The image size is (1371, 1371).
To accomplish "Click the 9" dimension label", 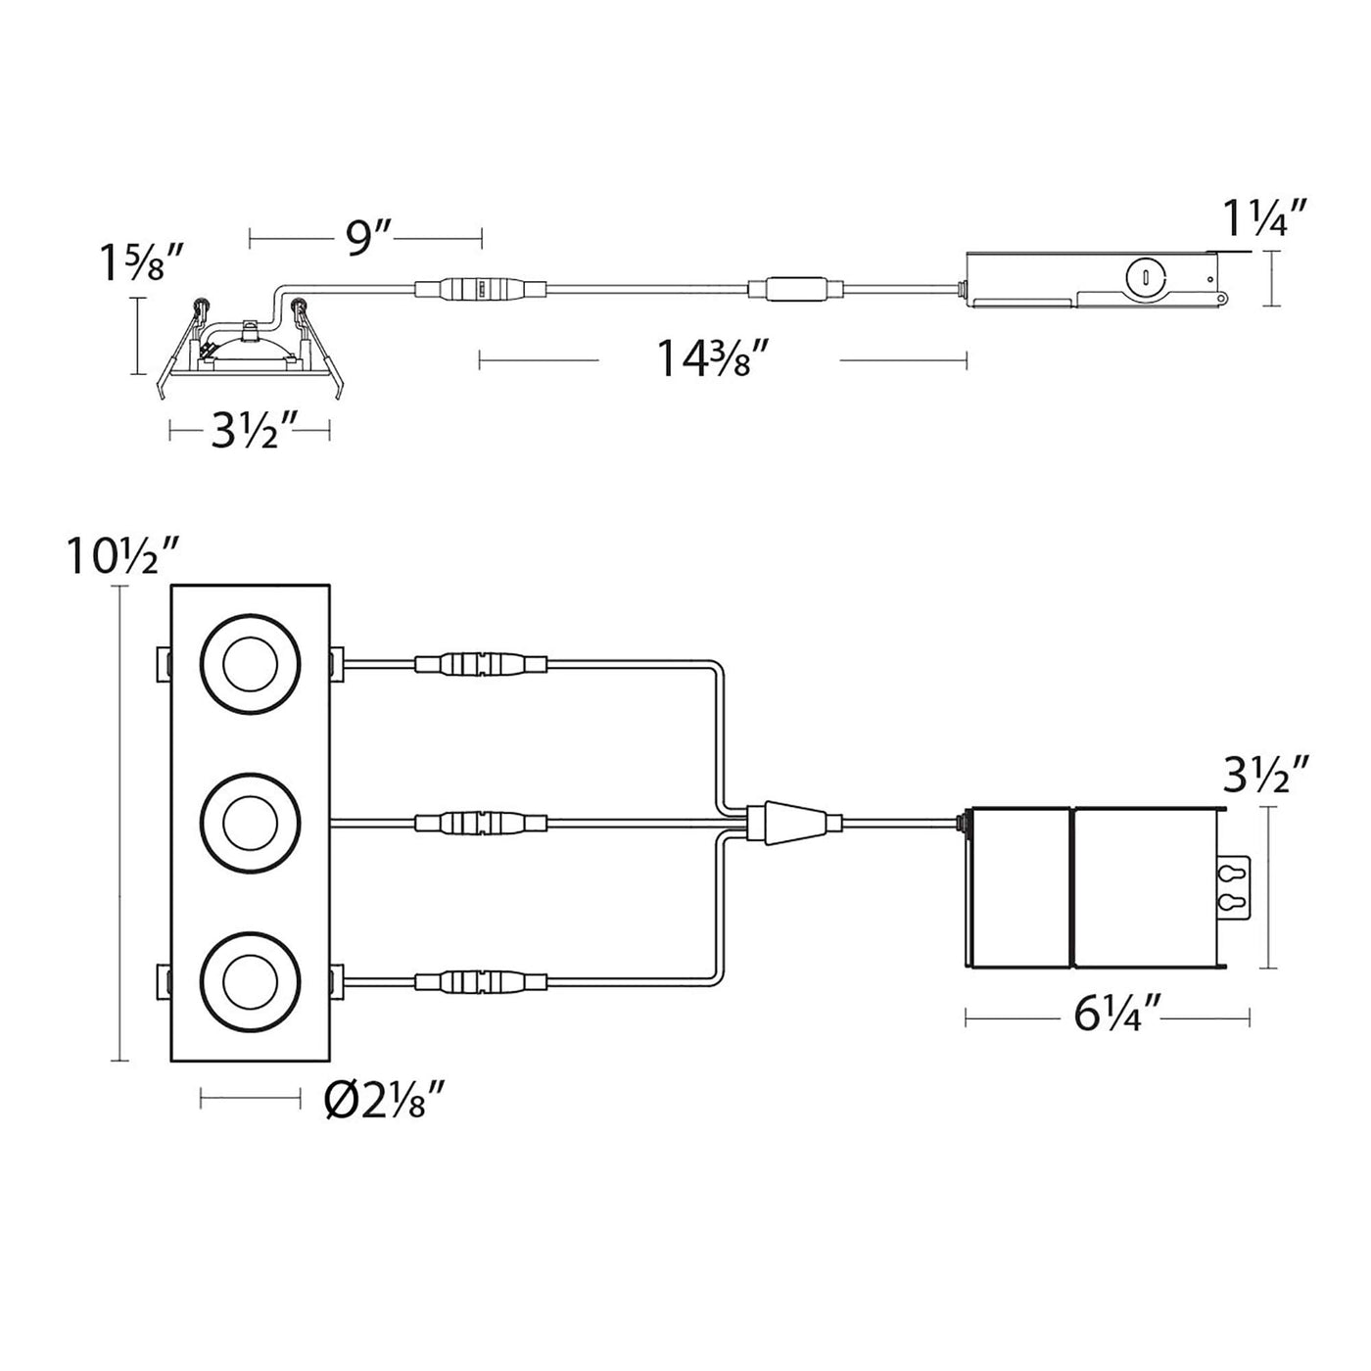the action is (365, 239).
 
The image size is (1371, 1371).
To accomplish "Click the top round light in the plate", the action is (250, 664).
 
